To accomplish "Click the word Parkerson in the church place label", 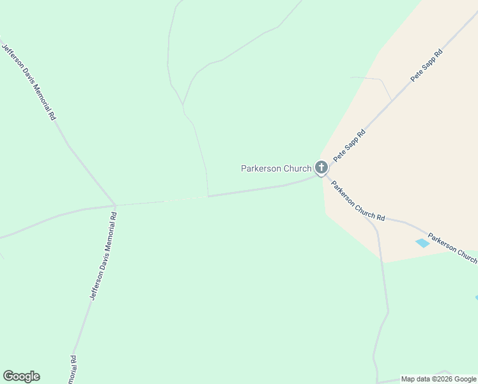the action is (259, 168).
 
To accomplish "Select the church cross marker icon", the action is (321, 168).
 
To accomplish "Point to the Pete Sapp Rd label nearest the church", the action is (349, 145).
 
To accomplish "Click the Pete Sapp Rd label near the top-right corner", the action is (426, 66).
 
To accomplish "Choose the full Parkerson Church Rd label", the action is (357, 200).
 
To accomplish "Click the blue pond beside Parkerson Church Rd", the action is (422, 243).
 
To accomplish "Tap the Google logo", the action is (21, 376).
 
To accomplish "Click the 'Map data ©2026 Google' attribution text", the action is (439, 379).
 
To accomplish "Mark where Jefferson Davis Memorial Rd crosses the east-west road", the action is (115, 205).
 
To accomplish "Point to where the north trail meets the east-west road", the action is (208, 196).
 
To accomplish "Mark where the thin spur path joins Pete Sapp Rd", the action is (391, 100).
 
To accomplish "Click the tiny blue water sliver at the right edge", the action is (476, 297).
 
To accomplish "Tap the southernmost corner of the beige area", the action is (382, 262).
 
